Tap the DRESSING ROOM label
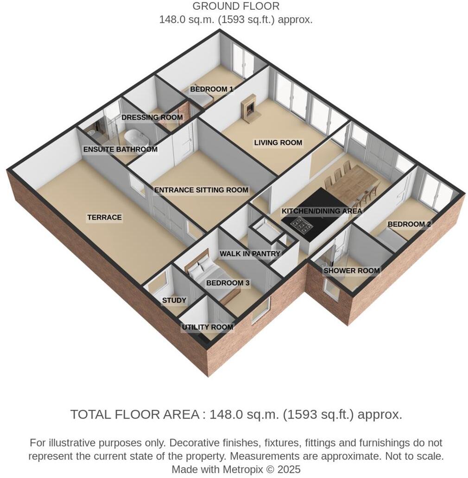[152, 118]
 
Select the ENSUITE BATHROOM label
[120, 150]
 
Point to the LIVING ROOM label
[278, 143]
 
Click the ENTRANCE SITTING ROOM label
[201, 190]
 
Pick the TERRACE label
[104, 217]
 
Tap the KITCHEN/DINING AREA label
[322, 211]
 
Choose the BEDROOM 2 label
[409, 224]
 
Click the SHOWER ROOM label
[352, 270]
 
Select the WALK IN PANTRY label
[250, 254]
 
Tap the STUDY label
[174, 301]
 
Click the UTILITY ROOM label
[207, 327]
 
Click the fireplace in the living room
[248, 109]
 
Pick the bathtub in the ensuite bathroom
[135, 138]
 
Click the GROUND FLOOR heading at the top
[236, 6]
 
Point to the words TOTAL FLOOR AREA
[135, 414]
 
